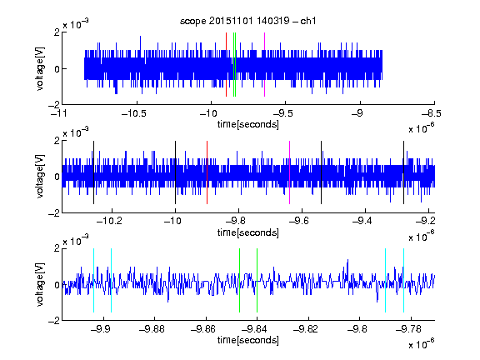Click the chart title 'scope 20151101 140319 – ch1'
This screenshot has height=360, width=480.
(248, 21)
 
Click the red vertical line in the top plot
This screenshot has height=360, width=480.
(226, 65)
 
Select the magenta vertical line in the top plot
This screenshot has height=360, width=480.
(264, 65)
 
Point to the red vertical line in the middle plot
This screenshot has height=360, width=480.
(207, 172)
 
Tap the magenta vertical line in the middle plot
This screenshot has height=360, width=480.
(290, 172)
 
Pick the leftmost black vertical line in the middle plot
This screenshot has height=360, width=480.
(93, 172)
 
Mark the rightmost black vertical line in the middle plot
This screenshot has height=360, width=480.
(404, 172)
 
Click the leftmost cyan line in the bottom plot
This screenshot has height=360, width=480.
(93, 280)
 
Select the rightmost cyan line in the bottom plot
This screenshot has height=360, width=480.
(404, 280)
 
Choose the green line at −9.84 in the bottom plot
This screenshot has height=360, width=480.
(257, 280)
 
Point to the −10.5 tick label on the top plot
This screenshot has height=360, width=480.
(134, 113)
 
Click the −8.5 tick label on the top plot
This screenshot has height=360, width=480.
(432, 113)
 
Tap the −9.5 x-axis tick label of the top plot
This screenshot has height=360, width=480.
(282, 113)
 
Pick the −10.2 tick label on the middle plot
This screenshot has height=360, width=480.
(109, 221)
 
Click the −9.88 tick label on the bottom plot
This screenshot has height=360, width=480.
(152, 329)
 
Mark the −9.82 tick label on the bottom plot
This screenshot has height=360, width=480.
(306, 329)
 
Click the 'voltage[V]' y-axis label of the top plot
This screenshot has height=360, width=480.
(40, 68)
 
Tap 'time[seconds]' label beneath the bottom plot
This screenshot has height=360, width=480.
(248, 340)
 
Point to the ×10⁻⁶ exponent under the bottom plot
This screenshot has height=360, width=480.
(422, 344)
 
